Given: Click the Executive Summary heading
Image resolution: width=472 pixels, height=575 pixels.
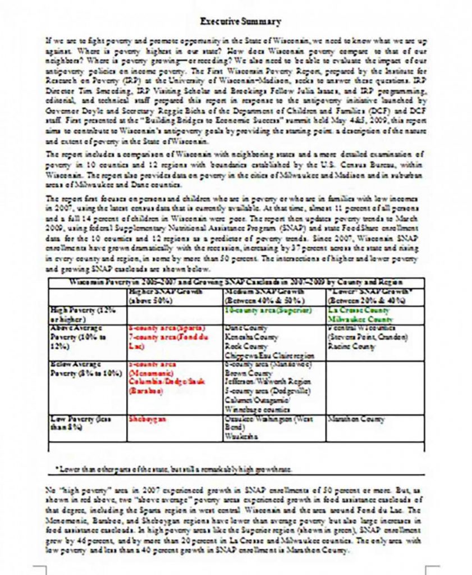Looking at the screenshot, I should (x=241, y=22).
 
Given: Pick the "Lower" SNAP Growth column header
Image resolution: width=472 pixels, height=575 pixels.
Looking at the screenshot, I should (x=361, y=296).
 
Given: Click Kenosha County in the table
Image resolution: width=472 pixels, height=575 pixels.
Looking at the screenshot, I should (x=251, y=337).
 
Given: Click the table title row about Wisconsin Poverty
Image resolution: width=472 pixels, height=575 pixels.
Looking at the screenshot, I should (x=236, y=282).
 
